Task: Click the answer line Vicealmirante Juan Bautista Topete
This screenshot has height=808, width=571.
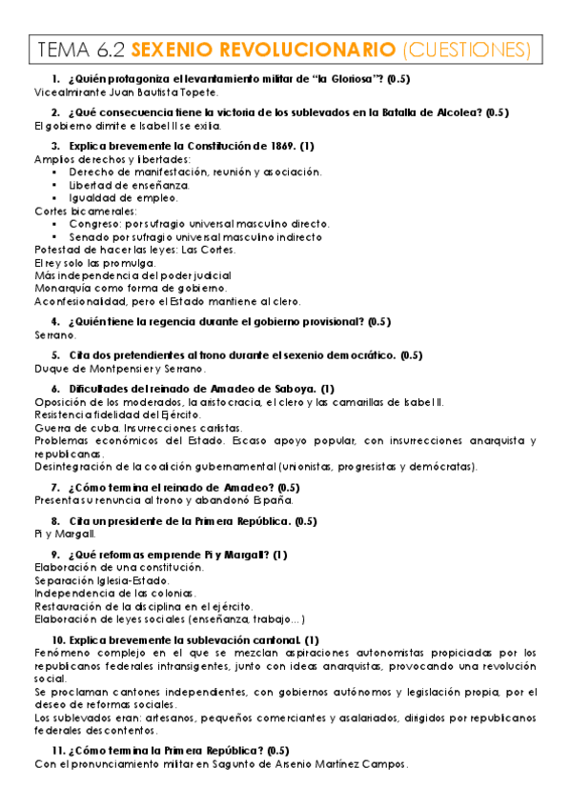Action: (x=126, y=92)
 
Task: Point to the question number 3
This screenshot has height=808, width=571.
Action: (x=56, y=146)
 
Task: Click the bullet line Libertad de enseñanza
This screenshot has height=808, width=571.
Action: (x=129, y=185)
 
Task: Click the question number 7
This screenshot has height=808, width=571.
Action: (x=56, y=487)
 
